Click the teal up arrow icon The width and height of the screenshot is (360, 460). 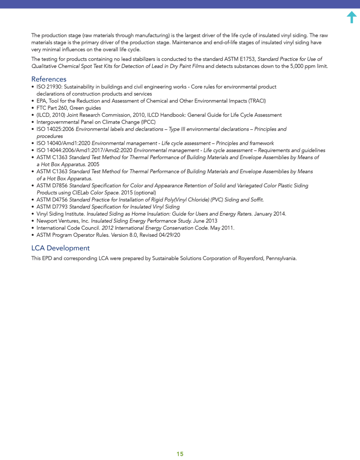pyautogui.click(x=352, y=17)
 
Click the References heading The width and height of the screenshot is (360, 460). pyautogui.click(x=48, y=79)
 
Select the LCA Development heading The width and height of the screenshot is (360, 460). pyautogui.click(x=60, y=248)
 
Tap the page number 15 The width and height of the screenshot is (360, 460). pyautogui.click(x=180, y=454)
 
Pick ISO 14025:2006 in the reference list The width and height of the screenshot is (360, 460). pyautogui.click(x=55, y=129)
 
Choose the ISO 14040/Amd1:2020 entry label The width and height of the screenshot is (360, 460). pyautogui.click(x=63, y=143)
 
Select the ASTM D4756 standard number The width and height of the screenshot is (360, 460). pyautogui.click(x=52, y=199)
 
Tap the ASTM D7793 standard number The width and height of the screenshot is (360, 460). pyautogui.click(x=52, y=207)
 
